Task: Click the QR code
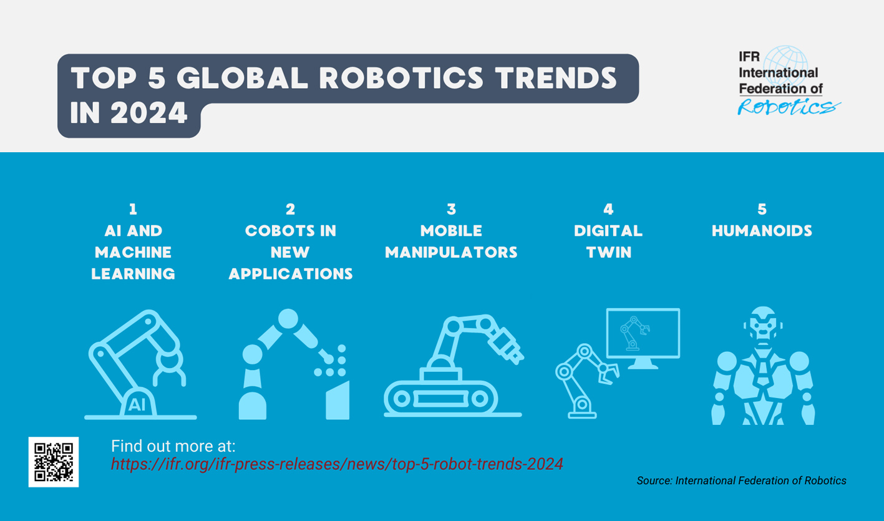54,462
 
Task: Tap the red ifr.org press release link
337,464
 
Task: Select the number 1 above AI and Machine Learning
133,210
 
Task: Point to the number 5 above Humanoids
762,210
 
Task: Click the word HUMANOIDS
762,231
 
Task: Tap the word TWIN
608,252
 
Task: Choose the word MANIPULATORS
451,252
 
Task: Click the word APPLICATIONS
291,273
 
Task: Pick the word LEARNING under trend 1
133,273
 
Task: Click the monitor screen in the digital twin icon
643,333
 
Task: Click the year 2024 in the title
150,113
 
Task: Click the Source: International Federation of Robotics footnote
741,480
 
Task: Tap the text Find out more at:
173,446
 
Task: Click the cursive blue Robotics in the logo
787,107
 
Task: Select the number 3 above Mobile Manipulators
451,210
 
